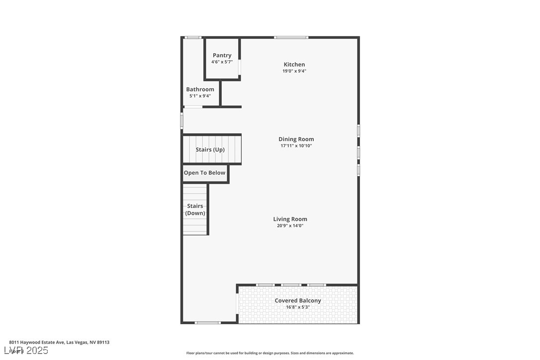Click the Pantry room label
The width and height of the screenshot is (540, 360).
(x=222, y=55)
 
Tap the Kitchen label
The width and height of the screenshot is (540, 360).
(x=294, y=64)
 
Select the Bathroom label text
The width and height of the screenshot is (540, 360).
(x=200, y=90)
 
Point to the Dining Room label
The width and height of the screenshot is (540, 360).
(x=296, y=139)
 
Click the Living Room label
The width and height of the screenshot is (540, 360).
(x=290, y=219)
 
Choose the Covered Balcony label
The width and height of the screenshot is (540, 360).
(x=298, y=300)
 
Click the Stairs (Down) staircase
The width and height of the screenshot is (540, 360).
(x=195, y=209)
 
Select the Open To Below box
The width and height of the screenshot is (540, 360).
(x=204, y=173)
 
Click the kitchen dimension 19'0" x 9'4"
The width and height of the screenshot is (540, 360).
(x=294, y=71)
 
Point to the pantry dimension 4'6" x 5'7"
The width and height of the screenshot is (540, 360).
(x=222, y=62)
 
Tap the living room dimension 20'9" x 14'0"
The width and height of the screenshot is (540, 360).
(x=290, y=226)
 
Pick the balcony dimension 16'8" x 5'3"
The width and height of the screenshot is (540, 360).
(x=298, y=307)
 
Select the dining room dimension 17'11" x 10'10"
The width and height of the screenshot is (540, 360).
(x=296, y=146)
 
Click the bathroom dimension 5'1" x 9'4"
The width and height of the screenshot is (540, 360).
(x=200, y=96)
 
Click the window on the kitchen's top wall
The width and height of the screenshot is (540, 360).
(x=291, y=37)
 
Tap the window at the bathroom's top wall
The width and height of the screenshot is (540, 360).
(x=193, y=37)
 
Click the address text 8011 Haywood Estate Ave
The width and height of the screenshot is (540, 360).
(x=59, y=342)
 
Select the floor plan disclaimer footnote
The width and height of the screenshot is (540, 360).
(x=270, y=353)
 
